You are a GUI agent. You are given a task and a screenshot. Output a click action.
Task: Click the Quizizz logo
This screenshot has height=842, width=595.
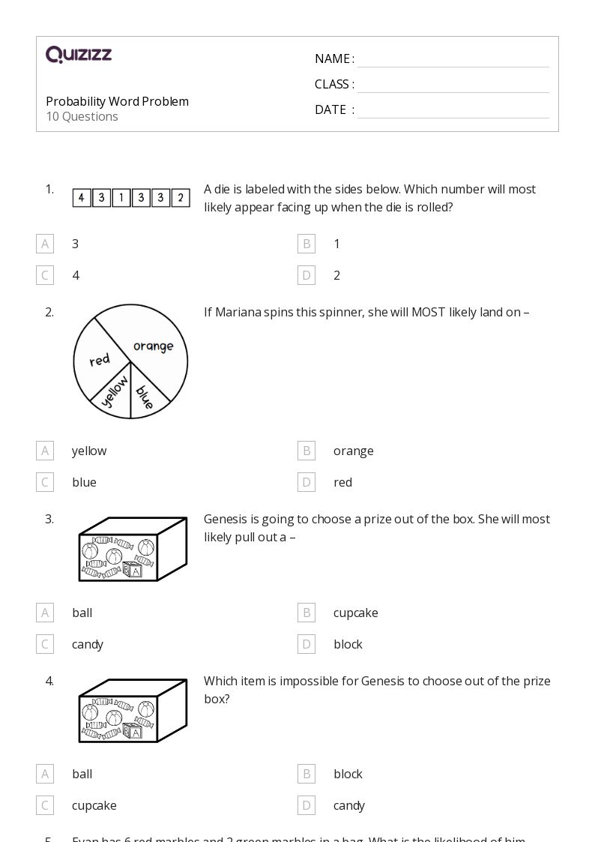click(79, 55)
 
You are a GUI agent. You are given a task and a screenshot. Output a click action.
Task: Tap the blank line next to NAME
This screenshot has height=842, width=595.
click(453, 60)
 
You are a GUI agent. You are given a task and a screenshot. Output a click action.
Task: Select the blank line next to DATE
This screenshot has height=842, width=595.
click(453, 111)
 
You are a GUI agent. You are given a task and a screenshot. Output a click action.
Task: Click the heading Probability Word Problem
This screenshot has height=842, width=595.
click(117, 101)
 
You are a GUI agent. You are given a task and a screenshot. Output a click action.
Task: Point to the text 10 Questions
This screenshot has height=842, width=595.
click(82, 117)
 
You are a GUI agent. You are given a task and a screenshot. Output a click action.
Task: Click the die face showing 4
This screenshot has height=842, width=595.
click(82, 198)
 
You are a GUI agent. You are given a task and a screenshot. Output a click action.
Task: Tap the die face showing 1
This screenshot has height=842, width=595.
click(121, 198)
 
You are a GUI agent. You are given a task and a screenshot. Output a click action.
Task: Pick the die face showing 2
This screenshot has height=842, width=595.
click(181, 198)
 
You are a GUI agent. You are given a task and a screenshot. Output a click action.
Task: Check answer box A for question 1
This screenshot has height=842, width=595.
click(45, 244)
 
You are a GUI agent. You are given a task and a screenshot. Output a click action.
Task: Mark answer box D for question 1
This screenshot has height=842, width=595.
click(306, 275)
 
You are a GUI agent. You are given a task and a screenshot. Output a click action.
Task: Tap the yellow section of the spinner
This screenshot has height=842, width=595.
click(114, 394)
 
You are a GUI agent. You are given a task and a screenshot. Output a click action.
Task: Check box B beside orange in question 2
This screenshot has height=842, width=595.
click(306, 451)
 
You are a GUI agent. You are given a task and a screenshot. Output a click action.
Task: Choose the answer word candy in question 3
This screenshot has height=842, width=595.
click(88, 644)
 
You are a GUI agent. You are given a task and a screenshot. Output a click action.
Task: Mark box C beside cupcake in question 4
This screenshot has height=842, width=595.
click(45, 805)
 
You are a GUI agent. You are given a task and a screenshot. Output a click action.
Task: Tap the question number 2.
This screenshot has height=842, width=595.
click(49, 313)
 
